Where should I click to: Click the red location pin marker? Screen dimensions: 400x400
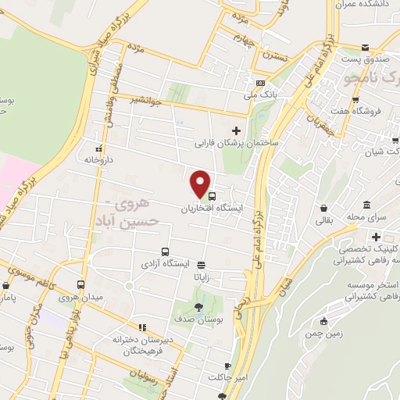(x=202, y=184)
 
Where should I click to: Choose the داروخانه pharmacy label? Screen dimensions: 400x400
(x=102, y=159)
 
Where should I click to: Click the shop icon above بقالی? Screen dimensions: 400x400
(x=323, y=209)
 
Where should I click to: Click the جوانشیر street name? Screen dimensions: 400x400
(x=148, y=99)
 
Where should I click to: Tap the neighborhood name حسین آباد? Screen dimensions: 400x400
(x=136, y=222)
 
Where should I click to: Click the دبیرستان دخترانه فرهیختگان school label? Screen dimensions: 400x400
(x=141, y=345)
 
